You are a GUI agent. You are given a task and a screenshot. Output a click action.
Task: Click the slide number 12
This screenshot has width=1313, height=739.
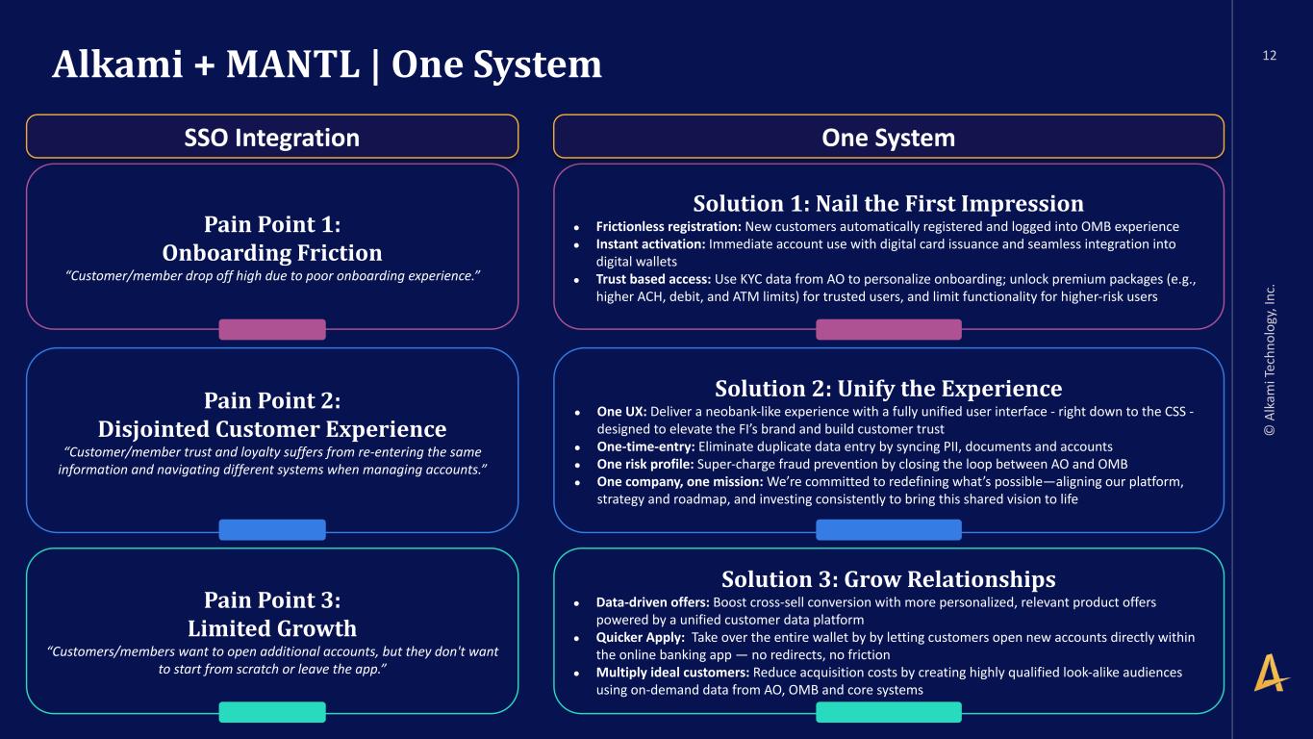[1269, 55]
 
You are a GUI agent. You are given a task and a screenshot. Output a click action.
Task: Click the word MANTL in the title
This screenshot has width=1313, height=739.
[292, 64]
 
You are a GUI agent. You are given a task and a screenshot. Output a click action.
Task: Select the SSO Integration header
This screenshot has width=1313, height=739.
[272, 137]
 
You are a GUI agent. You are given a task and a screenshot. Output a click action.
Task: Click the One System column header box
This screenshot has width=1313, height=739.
[889, 137]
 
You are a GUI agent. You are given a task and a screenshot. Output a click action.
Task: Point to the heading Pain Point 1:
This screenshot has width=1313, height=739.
[272, 224]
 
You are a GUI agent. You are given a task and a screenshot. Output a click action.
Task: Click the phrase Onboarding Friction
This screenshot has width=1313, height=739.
[272, 253]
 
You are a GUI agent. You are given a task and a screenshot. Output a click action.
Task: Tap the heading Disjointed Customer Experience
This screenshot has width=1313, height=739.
[272, 429]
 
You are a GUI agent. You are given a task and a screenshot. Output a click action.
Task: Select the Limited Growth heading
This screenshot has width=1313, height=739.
[272, 628]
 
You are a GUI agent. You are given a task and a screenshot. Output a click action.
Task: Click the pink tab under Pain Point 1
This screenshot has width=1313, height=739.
[272, 330]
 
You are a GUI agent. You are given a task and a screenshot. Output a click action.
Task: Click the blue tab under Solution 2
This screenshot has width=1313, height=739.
[889, 529]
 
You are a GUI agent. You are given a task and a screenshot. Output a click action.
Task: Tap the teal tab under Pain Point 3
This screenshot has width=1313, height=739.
[272, 712]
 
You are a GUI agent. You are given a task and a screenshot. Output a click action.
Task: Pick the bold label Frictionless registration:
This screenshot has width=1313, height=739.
[669, 226]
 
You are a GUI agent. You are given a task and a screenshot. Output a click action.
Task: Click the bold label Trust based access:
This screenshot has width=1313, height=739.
[653, 279]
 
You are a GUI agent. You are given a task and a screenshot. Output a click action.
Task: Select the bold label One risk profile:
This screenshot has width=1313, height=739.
[645, 465]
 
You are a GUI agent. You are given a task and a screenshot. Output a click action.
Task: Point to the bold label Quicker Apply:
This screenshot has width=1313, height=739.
[641, 638]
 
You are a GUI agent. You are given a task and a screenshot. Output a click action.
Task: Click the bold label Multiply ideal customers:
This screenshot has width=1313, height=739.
[673, 673]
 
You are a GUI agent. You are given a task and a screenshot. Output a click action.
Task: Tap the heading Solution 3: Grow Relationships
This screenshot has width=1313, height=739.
[889, 579]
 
